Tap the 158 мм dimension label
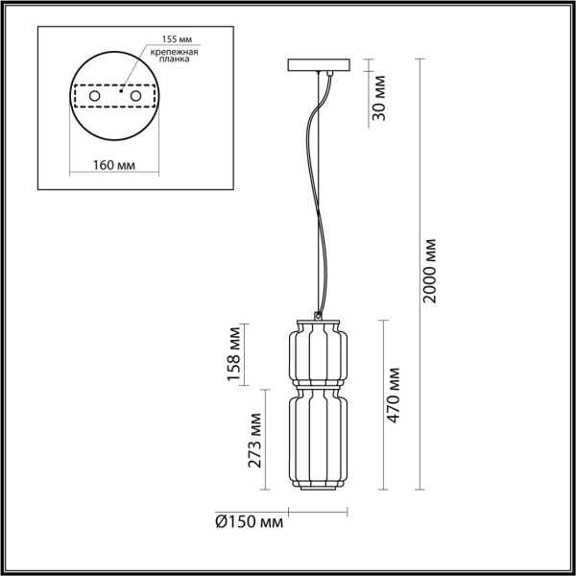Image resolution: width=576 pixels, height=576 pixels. point(233,353)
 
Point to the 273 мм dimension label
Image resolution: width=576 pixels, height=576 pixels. point(255,440)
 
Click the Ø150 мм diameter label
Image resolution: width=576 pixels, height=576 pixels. point(249,523)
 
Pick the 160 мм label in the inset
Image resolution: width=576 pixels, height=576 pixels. point(113,164)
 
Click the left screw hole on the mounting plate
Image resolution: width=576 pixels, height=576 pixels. point(93,96)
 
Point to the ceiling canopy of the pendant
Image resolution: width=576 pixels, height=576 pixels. point(320,68)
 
